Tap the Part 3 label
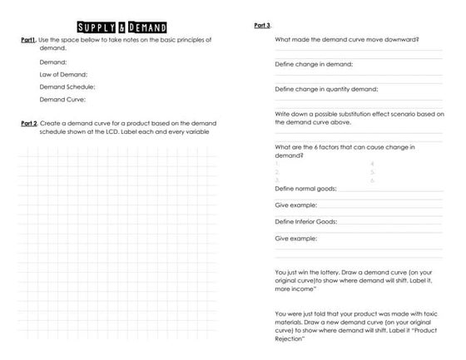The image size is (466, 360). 261,26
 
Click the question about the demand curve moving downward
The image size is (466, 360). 346,39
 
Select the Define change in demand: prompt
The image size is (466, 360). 314,64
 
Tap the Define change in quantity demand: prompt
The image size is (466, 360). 326,89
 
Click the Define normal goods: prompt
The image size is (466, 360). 305,189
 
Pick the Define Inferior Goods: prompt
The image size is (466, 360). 305,222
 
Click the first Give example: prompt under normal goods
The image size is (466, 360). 295,205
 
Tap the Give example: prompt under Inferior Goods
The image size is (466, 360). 295,239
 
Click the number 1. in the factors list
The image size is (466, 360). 276,164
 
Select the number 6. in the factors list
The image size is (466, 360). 372,180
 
